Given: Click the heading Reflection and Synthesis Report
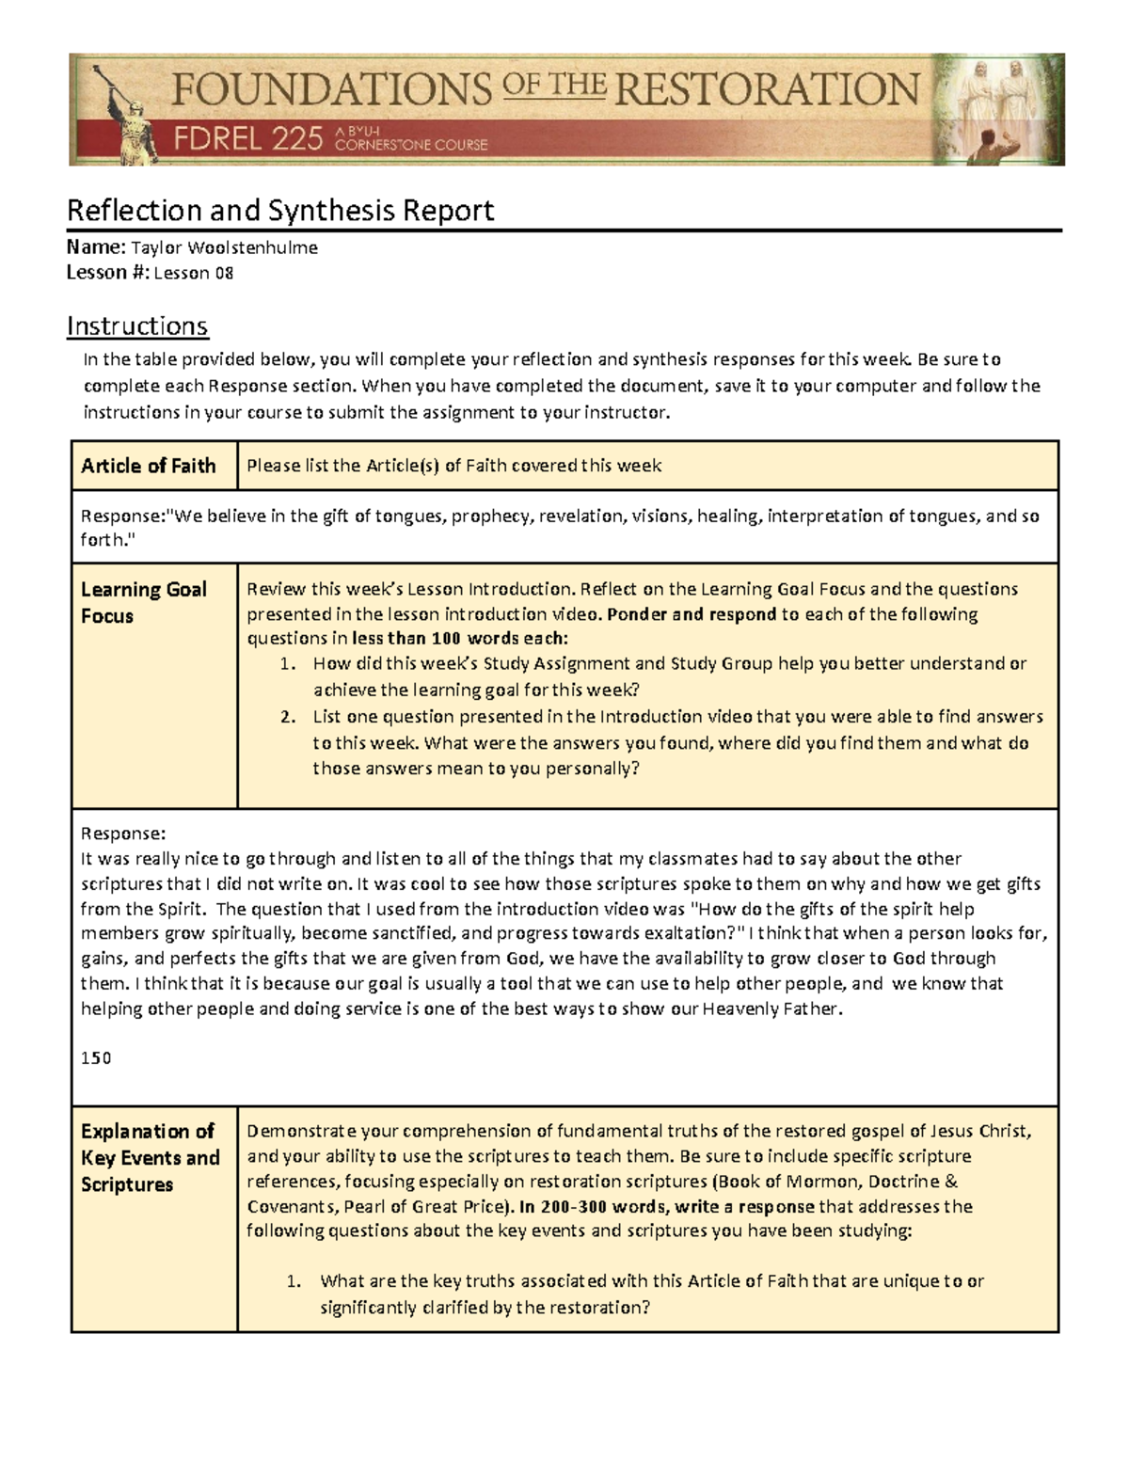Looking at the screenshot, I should pyautogui.click(x=279, y=210).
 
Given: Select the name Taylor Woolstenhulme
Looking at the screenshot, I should pyautogui.click(x=224, y=248).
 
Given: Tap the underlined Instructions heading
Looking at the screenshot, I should pyautogui.click(x=137, y=326).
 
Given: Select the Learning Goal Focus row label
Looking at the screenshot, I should pyautogui.click(x=144, y=602).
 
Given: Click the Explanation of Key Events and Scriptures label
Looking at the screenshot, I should pyautogui.click(x=150, y=1157).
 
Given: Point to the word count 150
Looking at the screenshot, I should pyautogui.click(x=95, y=1058).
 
